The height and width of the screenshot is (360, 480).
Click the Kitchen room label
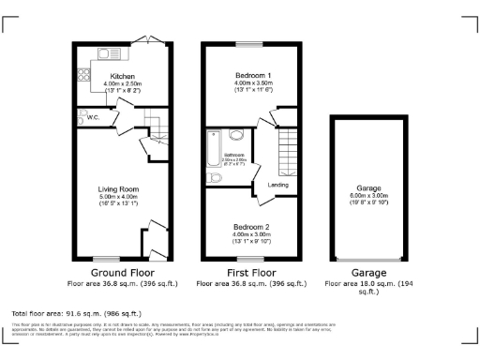(123, 75)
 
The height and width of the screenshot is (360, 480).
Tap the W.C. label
(94, 118)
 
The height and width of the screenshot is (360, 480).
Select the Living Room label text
(118, 189)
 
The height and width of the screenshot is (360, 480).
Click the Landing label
(277, 185)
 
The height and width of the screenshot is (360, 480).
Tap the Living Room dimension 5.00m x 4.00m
(118, 197)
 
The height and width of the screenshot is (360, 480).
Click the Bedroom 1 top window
(249, 43)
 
